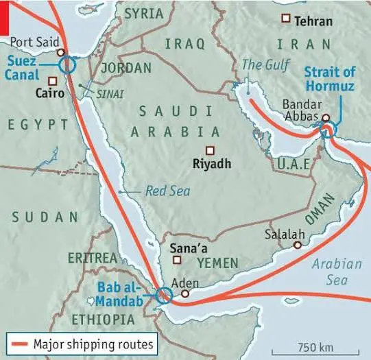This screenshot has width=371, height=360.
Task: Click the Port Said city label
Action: [x=32, y=40]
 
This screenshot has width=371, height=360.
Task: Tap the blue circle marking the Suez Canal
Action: [x=67, y=65]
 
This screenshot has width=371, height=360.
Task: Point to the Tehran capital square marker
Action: [x=285, y=21]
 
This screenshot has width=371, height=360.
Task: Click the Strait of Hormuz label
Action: [x=331, y=81]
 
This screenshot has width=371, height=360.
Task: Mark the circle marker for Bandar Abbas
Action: [x=326, y=118]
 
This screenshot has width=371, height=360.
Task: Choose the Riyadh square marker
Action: [x=210, y=150]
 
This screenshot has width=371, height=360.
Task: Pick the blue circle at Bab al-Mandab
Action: [x=163, y=296]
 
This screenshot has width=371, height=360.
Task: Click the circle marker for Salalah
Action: [x=298, y=245]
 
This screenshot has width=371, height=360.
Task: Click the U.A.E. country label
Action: [x=294, y=164]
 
